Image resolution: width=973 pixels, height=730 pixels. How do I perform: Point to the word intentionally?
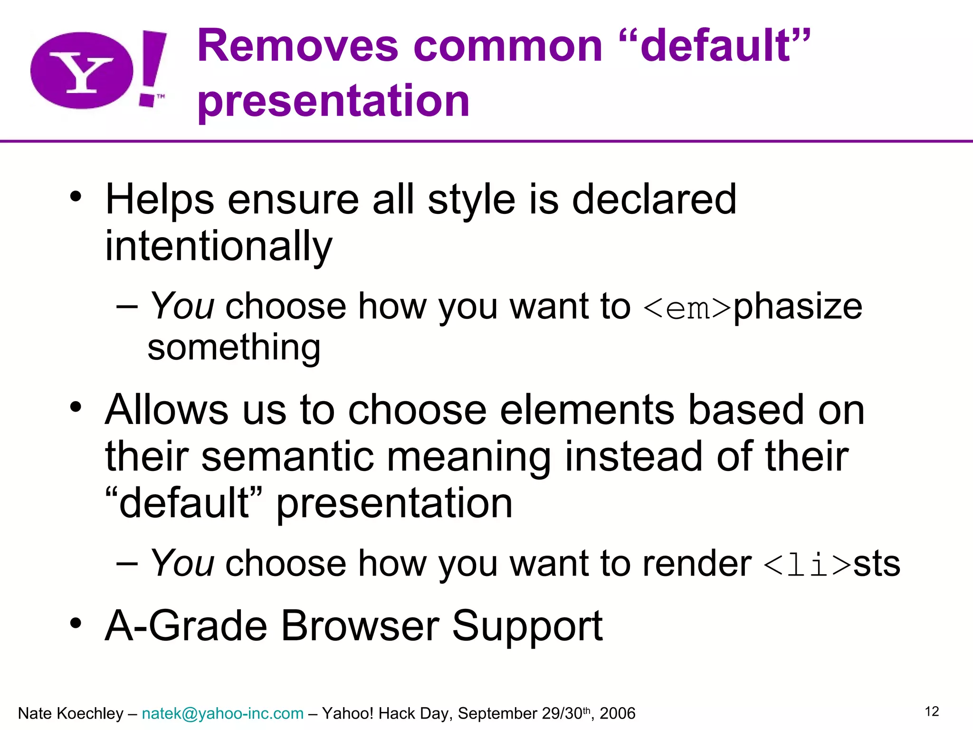pyautogui.click(x=219, y=247)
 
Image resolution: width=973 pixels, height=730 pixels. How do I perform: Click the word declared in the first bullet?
pyautogui.click(x=654, y=200)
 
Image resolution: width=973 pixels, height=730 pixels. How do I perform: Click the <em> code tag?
pyautogui.click(x=687, y=308)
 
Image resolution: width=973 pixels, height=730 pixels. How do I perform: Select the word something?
pyautogui.click(x=234, y=348)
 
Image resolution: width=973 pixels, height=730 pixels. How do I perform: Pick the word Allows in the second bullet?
pyautogui.click(x=166, y=410)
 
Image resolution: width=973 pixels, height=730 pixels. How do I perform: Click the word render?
pyautogui.click(x=697, y=564)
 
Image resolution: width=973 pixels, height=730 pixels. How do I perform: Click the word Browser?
pyautogui.click(x=360, y=626)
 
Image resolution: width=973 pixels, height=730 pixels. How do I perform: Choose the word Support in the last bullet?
pyautogui.click(x=527, y=627)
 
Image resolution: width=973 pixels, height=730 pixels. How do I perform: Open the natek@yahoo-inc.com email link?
pyautogui.click(x=222, y=713)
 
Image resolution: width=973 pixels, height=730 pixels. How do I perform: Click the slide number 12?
pyautogui.click(x=932, y=711)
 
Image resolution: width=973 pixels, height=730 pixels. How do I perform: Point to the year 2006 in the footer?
pyautogui.click(x=617, y=713)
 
